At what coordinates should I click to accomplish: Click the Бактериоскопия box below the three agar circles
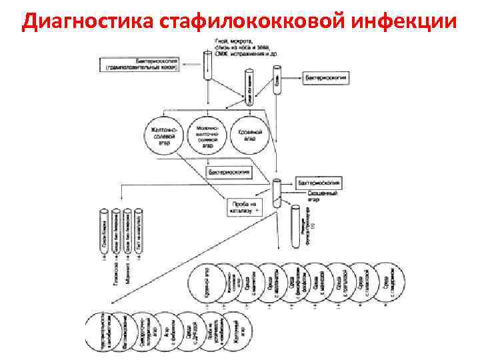click(229, 172)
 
